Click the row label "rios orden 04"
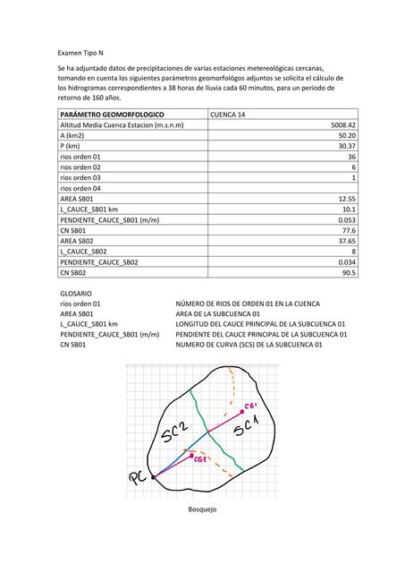pos(80,188)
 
